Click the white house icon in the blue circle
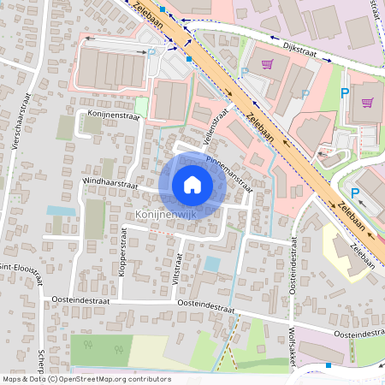tap(192, 184)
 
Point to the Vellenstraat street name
tap(222, 121)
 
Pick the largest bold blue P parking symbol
tap(345, 93)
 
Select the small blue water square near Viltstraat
tap(211, 264)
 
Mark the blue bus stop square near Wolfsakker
tap(329, 365)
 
